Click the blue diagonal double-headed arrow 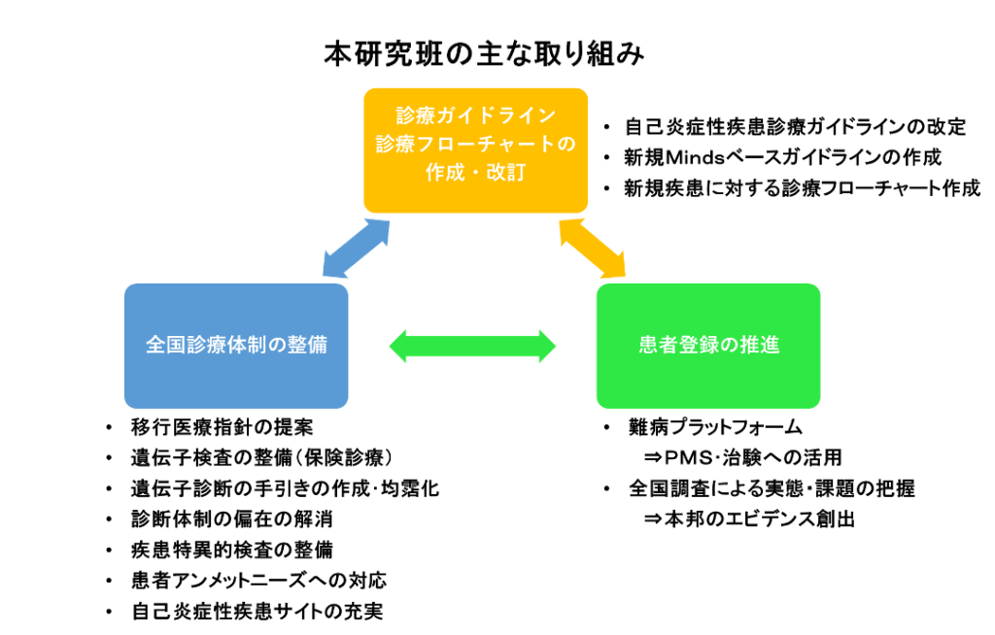[356, 248]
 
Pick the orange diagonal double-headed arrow [592, 248]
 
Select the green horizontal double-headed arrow [473, 346]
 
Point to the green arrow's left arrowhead [398, 346]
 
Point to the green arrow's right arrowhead [547, 346]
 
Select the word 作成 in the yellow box [444, 172]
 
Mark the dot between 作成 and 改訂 [475, 173]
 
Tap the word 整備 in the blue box [308, 346]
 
